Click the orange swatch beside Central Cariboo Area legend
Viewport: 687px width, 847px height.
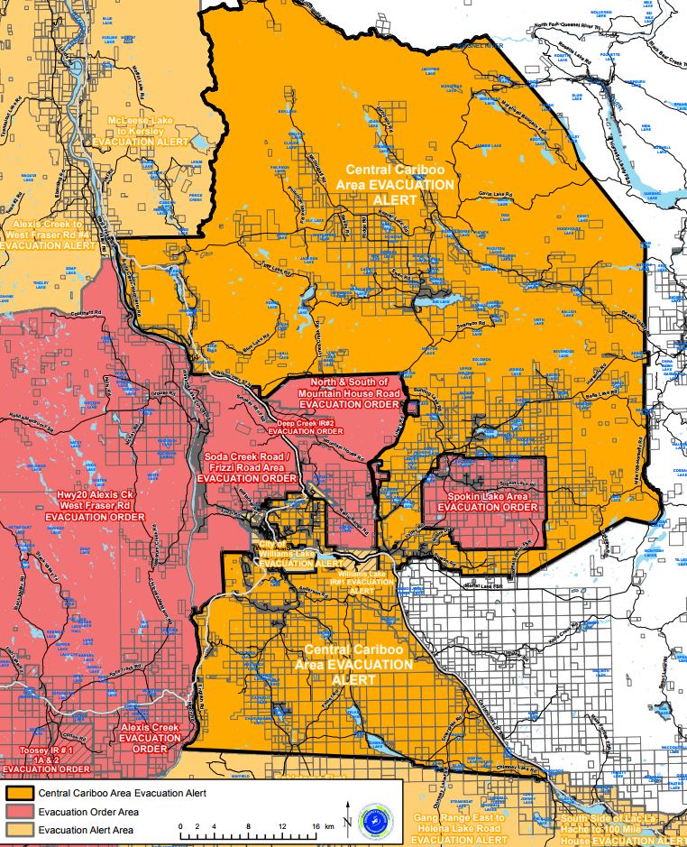pyautogui.click(x=19, y=793)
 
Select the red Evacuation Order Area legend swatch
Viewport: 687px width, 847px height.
pyautogui.click(x=19, y=812)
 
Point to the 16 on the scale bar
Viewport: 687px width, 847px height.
pyautogui.click(x=316, y=825)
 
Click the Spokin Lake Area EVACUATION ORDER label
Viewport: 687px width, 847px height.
pyautogui.click(x=487, y=502)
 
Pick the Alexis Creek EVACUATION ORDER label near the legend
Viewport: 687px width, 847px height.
pyautogui.click(x=151, y=737)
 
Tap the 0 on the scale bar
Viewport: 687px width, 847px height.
pyautogui.click(x=181, y=825)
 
